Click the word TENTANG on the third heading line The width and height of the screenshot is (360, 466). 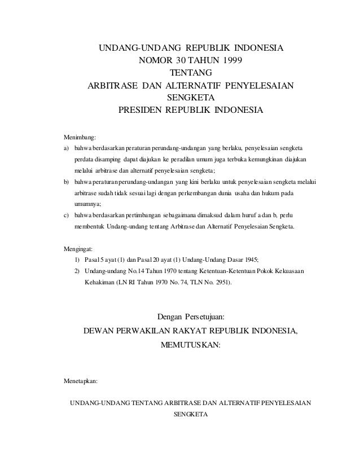coord(191,73)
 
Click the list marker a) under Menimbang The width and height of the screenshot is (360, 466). coord(66,148)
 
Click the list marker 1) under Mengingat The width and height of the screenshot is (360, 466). coord(77,260)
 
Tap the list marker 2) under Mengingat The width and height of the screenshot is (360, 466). coord(77,271)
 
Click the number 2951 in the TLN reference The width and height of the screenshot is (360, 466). coord(219,283)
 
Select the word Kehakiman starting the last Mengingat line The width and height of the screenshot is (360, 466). coord(99,283)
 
